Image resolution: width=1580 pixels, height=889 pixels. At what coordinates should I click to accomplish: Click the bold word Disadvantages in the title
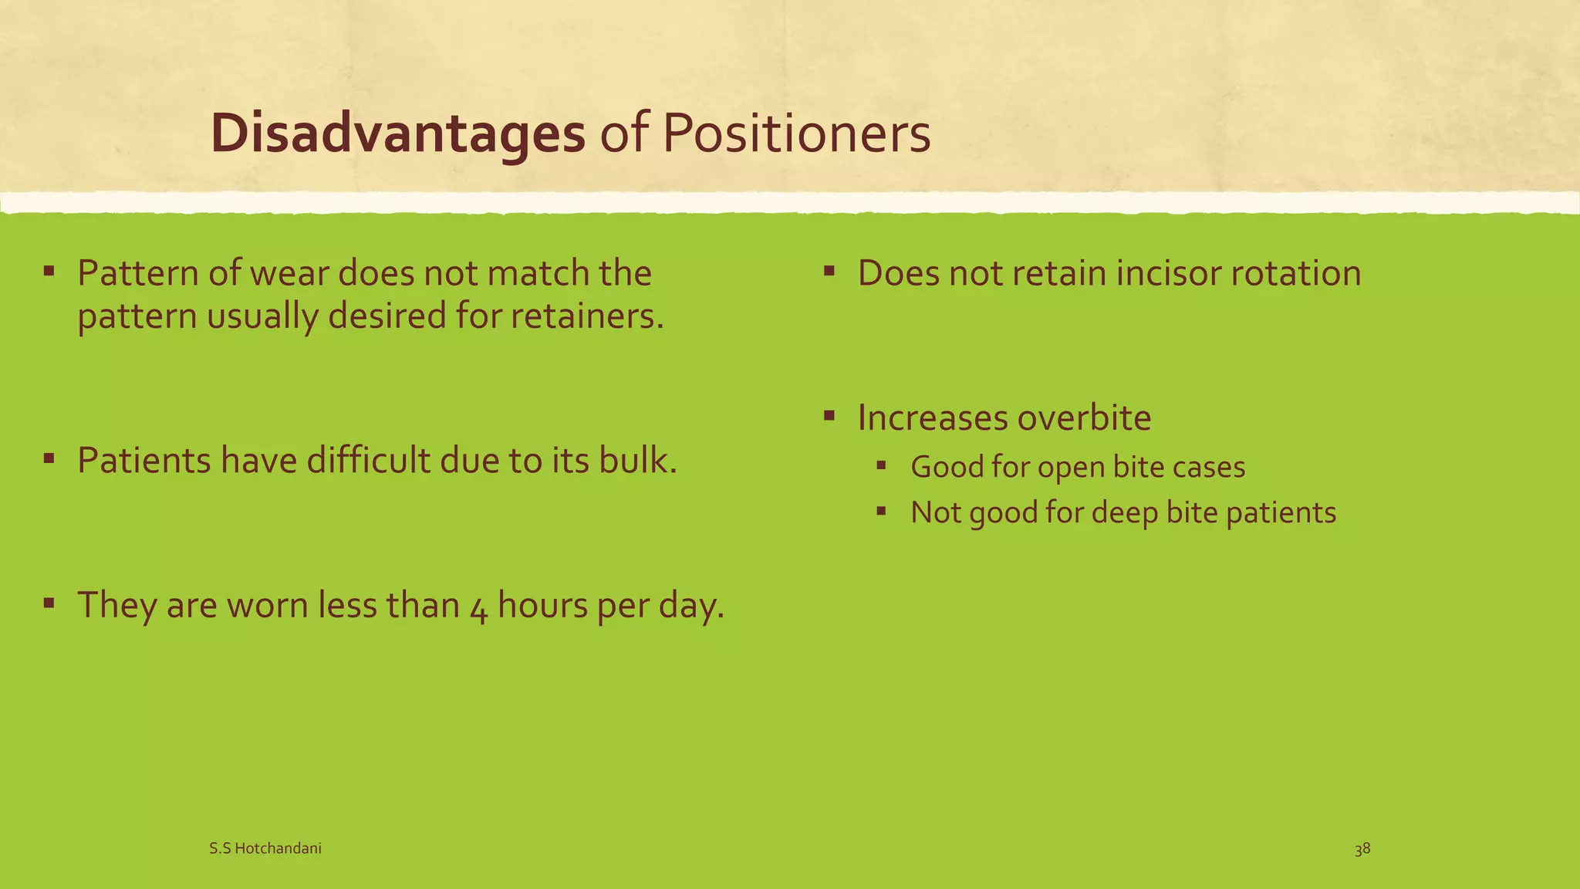click(397, 134)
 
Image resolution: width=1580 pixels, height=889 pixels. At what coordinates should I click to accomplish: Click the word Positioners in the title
click(796, 134)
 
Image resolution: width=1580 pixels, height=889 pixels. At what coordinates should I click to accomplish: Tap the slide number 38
click(1362, 849)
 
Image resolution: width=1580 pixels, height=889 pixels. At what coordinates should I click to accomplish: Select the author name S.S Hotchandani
click(265, 849)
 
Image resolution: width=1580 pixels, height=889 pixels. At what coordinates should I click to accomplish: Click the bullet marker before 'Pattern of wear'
click(49, 271)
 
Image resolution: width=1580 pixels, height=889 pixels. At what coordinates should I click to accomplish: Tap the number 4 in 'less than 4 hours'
click(478, 607)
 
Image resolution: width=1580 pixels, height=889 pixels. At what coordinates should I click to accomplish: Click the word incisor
click(1153, 273)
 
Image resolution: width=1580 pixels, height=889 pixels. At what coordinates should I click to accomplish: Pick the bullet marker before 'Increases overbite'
click(829, 416)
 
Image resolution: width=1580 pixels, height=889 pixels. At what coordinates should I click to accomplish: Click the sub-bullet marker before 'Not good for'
click(882, 511)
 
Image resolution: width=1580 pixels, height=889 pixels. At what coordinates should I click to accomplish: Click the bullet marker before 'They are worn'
click(49, 603)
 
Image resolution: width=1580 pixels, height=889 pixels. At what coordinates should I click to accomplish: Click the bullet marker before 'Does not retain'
click(829, 271)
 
